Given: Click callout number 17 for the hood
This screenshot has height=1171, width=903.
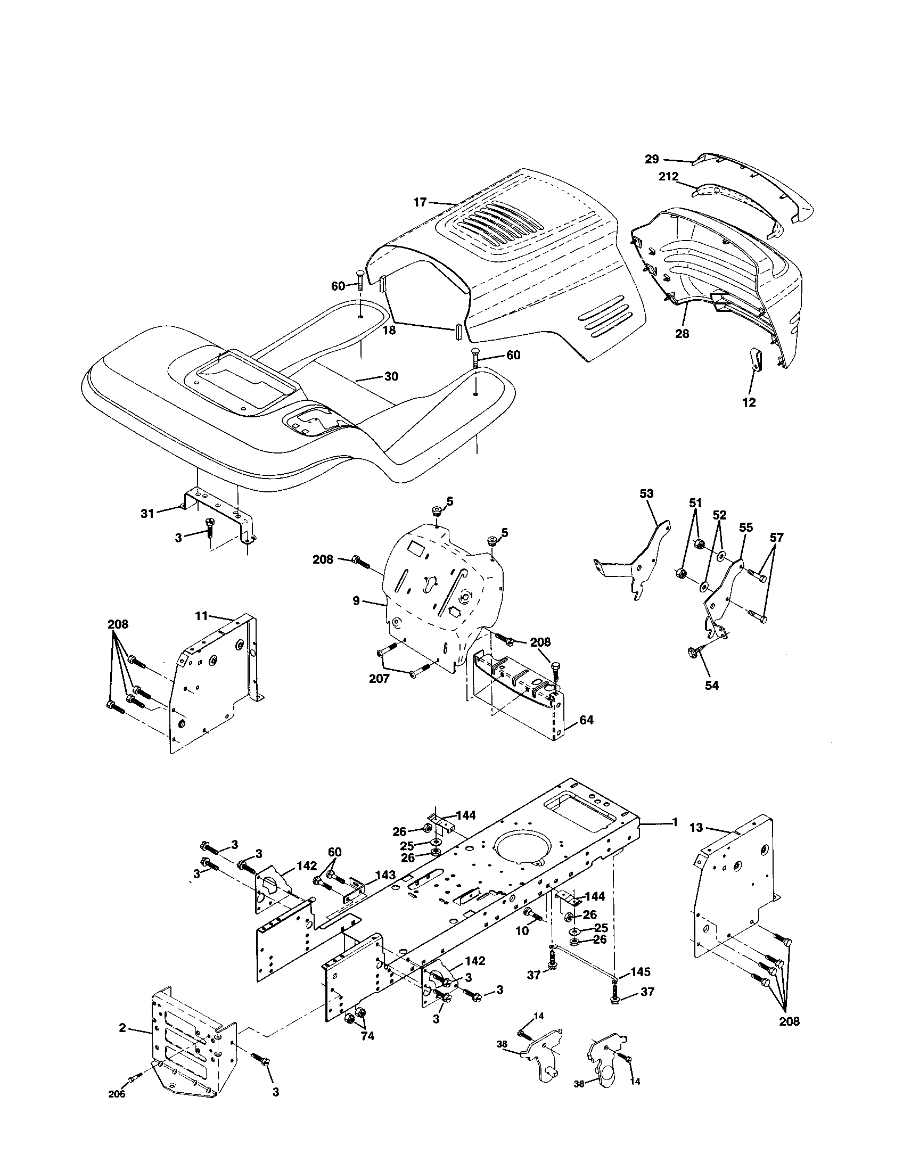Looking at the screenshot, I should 420,202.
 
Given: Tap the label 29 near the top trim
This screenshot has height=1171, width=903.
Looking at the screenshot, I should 652,159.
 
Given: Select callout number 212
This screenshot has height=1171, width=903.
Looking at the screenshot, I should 668,176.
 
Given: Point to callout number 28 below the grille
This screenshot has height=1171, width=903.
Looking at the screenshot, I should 683,334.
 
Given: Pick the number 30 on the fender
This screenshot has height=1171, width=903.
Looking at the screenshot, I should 391,376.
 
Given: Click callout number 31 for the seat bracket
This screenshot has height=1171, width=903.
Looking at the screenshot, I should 147,513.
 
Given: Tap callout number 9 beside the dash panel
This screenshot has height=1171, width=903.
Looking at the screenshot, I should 356,600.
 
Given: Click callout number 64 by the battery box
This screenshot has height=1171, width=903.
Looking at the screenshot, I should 586,720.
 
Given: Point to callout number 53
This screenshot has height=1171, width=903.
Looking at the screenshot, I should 647,493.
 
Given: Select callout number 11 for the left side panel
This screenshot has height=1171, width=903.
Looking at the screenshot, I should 201,616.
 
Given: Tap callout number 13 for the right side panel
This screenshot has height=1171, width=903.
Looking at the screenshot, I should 695,828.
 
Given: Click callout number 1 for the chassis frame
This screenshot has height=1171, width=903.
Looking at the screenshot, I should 675,822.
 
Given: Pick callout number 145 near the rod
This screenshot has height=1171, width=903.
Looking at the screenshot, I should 641,971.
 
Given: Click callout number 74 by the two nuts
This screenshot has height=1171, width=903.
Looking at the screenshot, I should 367,1036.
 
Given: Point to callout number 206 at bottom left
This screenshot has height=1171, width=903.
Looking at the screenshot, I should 117,1094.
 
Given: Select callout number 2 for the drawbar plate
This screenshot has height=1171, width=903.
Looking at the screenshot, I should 122,1027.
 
